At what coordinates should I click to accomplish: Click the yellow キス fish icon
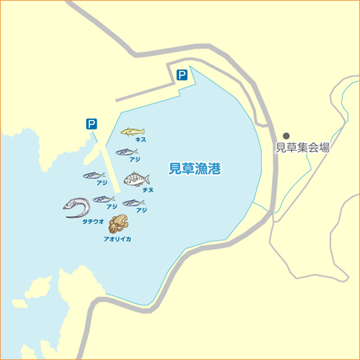coord(133,131)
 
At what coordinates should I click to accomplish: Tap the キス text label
coord(140,140)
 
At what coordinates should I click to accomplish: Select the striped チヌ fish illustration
coord(137,179)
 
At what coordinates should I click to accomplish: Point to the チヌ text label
coord(148,190)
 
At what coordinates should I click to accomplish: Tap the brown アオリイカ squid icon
coord(118,224)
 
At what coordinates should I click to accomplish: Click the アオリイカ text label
coord(117,238)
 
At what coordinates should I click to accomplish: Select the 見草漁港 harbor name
coord(195,169)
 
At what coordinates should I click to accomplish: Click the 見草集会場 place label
coord(303,148)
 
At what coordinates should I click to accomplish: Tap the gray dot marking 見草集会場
coord(287,135)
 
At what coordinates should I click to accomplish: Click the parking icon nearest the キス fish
coord(91,123)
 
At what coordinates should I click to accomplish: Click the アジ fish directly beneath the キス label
coord(126,152)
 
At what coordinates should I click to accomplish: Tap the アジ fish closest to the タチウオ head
coord(103,199)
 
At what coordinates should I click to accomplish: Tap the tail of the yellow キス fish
coord(143,131)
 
